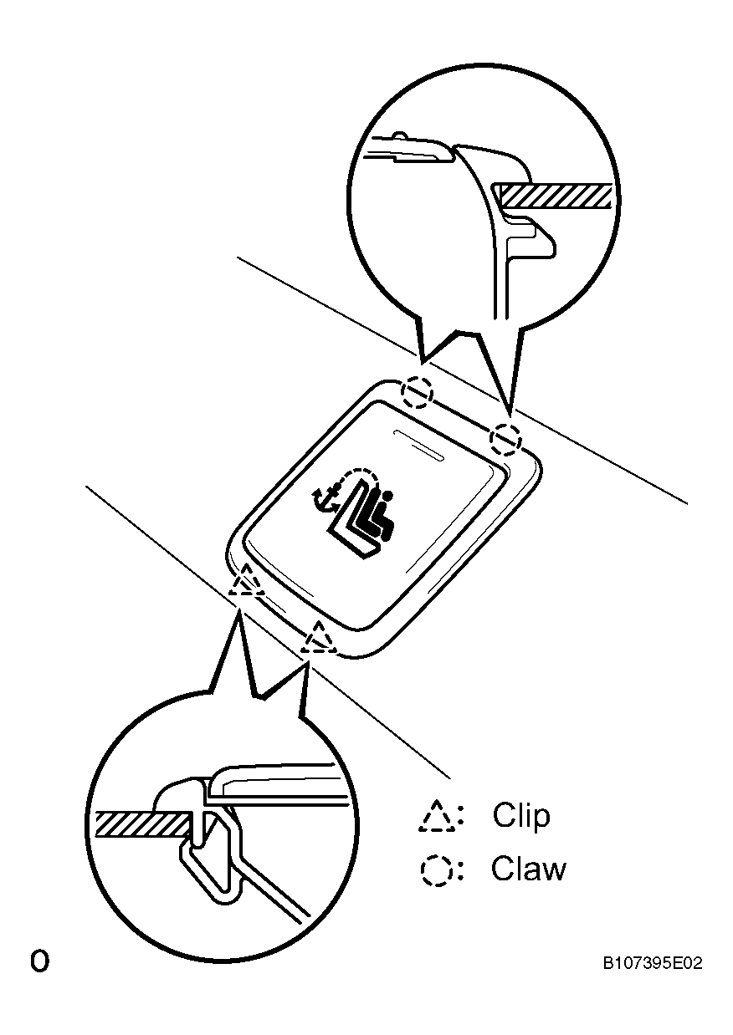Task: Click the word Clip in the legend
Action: [x=521, y=815]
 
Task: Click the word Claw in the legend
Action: [x=528, y=869]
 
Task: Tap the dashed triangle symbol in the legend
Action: [x=436, y=817]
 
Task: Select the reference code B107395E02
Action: [x=652, y=964]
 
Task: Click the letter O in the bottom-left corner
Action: [x=39, y=961]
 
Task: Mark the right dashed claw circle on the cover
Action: [x=505, y=437]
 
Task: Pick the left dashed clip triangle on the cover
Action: [x=248, y=580]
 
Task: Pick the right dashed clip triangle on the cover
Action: [x=319, y=639]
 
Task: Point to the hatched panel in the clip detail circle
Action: [x=141, y=823]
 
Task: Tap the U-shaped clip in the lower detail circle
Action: [x=209, y=861]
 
